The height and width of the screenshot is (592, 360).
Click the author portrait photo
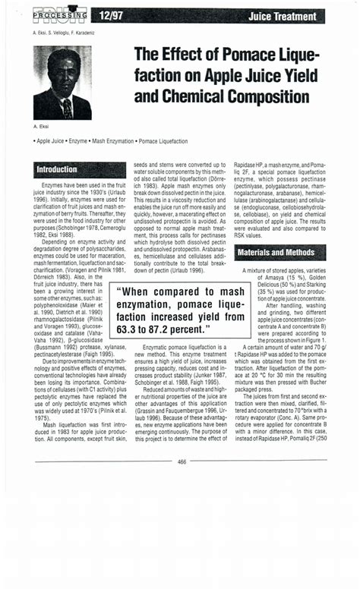pos(62,83)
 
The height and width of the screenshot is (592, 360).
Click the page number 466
pos(182,461)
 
